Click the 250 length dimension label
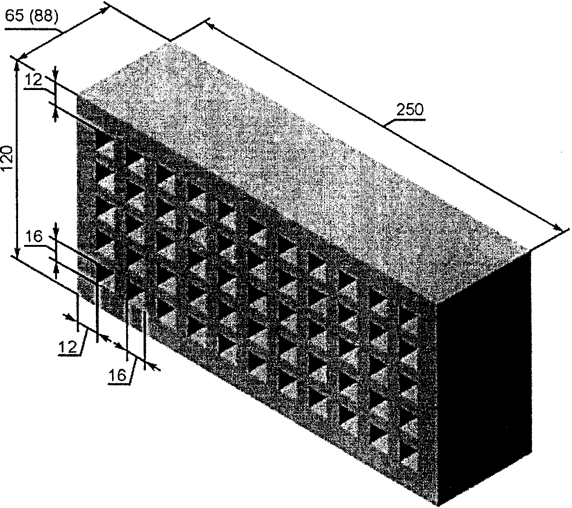(409, 110)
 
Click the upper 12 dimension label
(34, 80)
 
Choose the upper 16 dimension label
(34, 237)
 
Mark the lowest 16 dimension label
(118, 375)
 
